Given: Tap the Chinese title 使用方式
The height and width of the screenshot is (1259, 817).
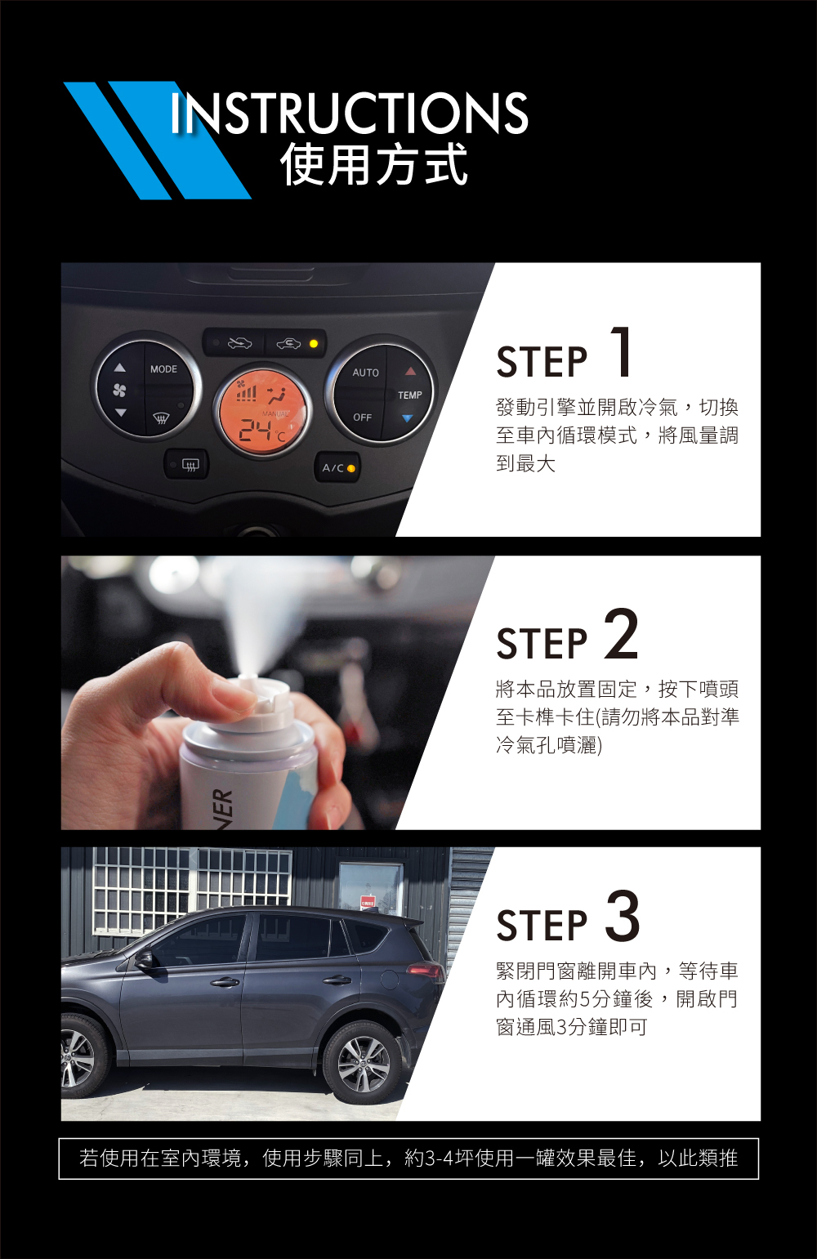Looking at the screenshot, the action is (373, 164).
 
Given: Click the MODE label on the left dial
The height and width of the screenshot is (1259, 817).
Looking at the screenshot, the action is (163, 369).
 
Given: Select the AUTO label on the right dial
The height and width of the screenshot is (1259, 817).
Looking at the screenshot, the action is (365, 373).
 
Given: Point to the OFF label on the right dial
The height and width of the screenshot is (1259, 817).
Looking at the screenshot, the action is (363, 417).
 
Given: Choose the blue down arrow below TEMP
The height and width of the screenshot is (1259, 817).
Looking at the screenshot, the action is (408, 418).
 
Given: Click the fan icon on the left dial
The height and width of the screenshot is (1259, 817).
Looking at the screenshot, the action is (119, 390).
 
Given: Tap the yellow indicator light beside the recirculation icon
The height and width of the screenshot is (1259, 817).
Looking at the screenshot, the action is (314, 343).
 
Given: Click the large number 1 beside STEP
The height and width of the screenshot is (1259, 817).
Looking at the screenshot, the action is (622, 351).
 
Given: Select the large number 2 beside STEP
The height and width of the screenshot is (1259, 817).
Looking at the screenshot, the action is (622, 633).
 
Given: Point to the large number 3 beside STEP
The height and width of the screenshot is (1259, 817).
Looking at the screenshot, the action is (623, 916).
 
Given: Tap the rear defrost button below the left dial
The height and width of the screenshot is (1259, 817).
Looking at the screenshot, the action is (186, 464).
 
